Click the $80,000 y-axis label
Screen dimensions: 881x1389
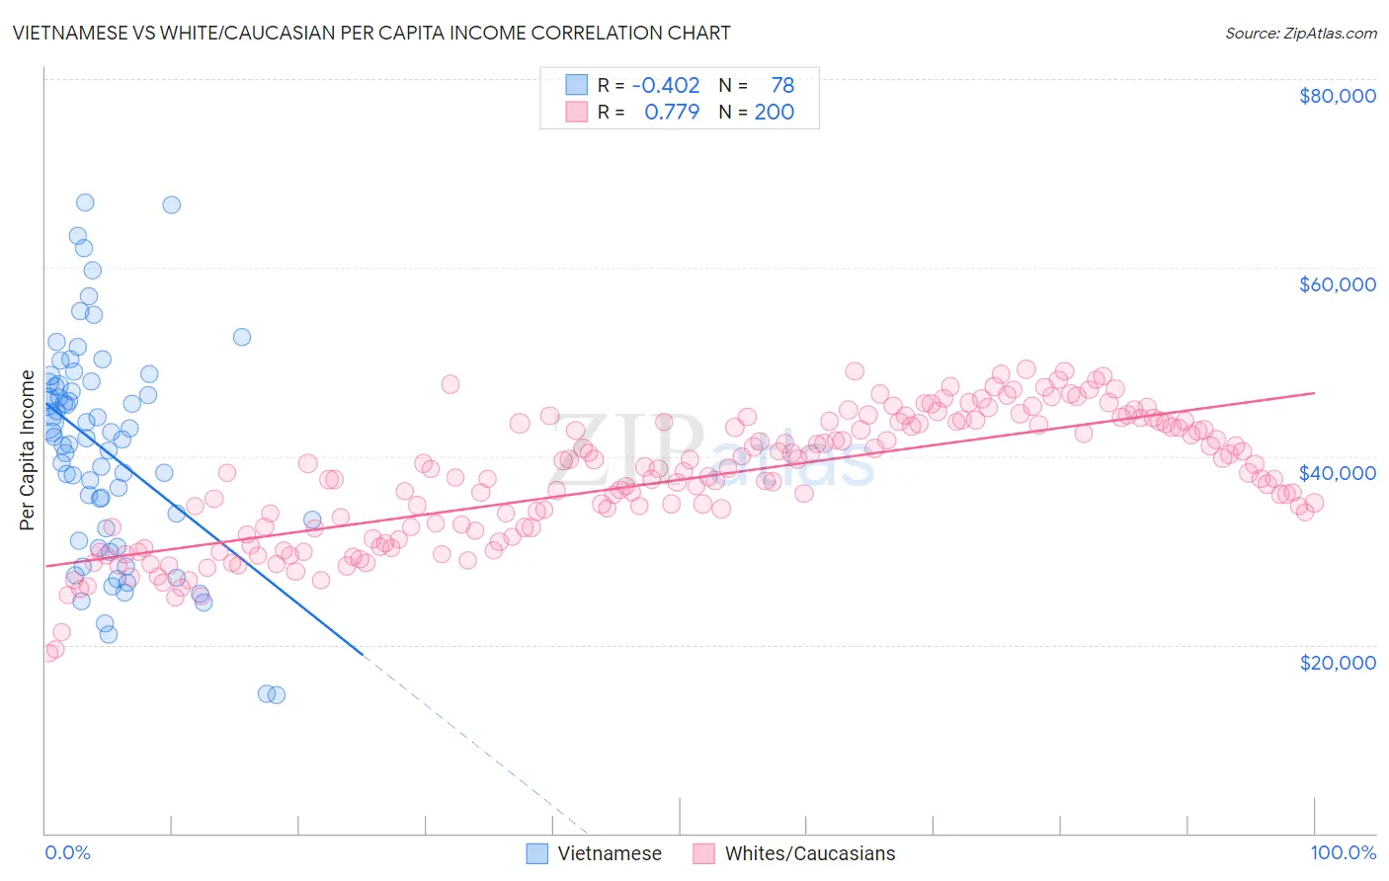pyautogui.click(x=1337, y=96)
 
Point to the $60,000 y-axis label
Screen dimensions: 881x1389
pyautogui.click(x=1337, y=284)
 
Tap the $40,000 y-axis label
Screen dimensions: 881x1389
pyautogui.click(x=1337, y=473)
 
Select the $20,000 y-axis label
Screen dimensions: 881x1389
pyautogui.click(x=1337, y=662)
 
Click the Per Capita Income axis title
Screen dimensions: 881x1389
pyautogui.click(x=28, y=450)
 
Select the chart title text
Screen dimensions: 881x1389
pyautogui.click(x=371, y=33)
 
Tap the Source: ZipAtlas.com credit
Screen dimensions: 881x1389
pyautogui.click(x=1300, y=34)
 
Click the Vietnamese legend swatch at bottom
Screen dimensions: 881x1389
pyautogui.click(x=536, y=853)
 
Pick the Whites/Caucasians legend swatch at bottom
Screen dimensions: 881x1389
pyautogui.click(x=703, y=853)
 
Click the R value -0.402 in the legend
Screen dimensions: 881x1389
pyautogui.click(x=666, y=85)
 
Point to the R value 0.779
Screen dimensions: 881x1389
pyautogui.click(x=672, y=112)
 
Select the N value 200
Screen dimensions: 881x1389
pyautogui.click(x=775, y=112)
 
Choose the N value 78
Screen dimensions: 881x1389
pyautogui.click(x=782, y=85)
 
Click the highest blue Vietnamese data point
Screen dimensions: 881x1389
pyautogui.click(x=85, y=202)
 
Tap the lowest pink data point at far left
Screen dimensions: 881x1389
pyautogui.click(x=48, y=652)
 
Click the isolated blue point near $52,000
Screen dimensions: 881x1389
pyautogui.click(x=242, y=337)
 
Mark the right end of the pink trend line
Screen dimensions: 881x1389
pyautogui.click(x=1314, y=393)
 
